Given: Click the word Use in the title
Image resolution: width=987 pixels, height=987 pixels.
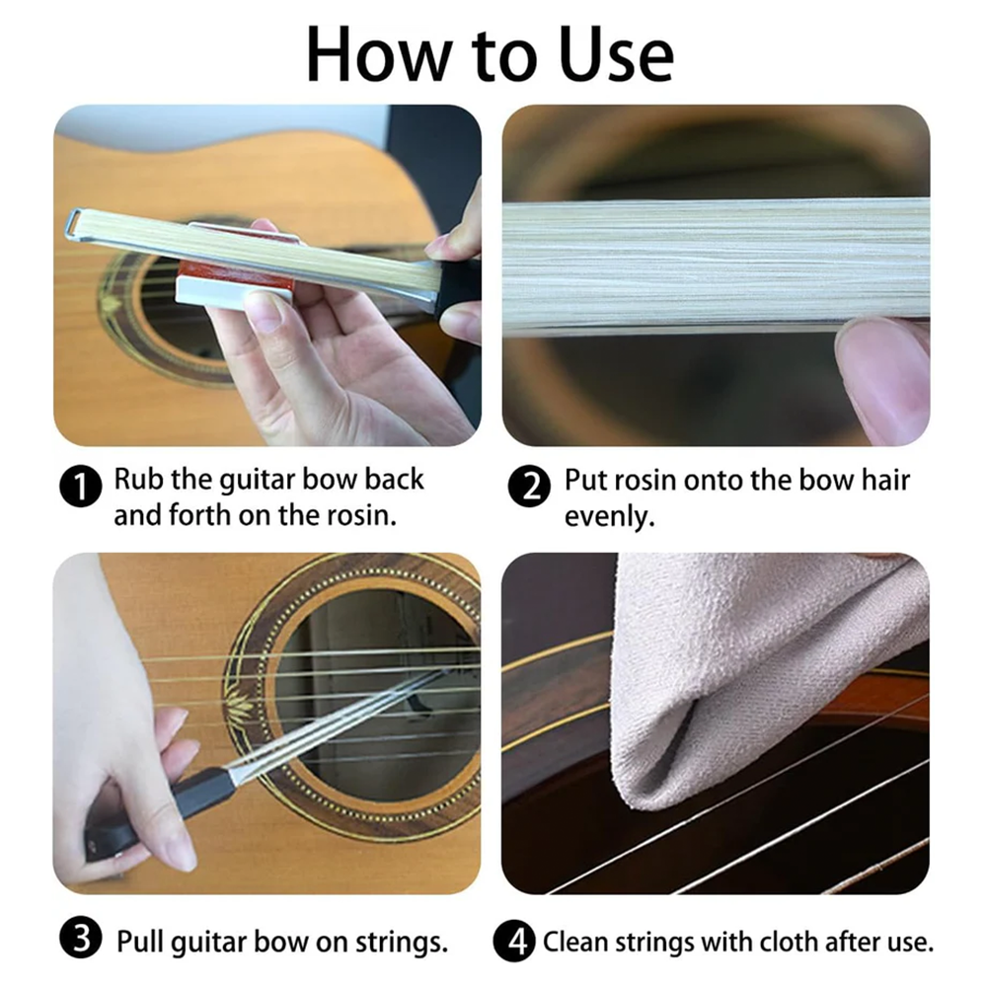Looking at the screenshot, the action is (x=616, y=55).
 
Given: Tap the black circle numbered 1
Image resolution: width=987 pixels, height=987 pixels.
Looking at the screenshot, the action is (x=81, y=486).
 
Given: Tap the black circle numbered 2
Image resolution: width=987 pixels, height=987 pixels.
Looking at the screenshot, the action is (x=529, y=486).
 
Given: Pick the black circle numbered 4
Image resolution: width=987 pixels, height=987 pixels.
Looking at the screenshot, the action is (x=514, y=942).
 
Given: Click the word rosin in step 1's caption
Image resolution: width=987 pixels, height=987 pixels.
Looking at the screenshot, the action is (x=361, y=515).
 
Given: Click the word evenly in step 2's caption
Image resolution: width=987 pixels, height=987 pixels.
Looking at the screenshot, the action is (x=609, y=517).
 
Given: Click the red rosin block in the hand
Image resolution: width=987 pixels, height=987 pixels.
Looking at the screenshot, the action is (x=240, y=265).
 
